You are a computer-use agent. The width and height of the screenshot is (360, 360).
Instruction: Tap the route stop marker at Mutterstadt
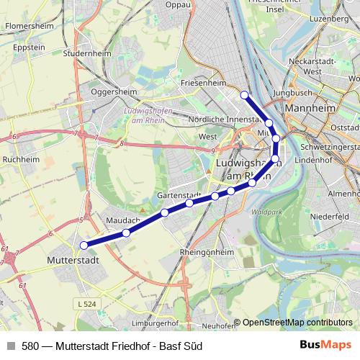pyautogui.click(x=84, y=246)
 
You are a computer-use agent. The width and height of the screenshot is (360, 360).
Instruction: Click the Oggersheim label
pyautogui.click(x=114, y=92)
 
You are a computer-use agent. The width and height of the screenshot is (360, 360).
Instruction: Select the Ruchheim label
pyautogui.click(x=19, y=159)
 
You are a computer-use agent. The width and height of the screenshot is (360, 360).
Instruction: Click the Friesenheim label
pyautogui.click(x=204, y=83)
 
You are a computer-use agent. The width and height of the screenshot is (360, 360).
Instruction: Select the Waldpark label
pyautogui.click(x=268, y=213)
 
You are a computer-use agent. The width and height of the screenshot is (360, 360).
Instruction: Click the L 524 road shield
pyautogui.click(x=86, y=306)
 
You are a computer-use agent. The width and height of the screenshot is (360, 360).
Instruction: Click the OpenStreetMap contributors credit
pyautogui.click(x=297, y=323)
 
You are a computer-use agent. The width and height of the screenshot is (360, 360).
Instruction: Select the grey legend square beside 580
pyautogui.click(x=10, y=346)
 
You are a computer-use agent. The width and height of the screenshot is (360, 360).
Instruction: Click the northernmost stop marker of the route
pyautogui.click(x=244, y=94)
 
